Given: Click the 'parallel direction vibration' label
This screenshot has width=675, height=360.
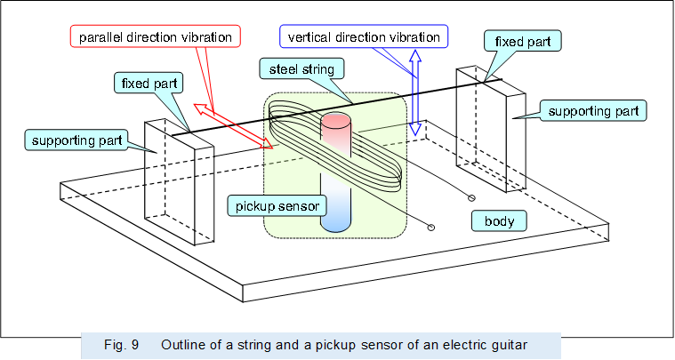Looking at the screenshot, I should [156, 36].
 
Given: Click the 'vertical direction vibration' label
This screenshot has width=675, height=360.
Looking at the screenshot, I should [363, 36].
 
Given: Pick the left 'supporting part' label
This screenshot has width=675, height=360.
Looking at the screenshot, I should [76, 141].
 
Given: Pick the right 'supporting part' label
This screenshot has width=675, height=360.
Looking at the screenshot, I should [591, 111].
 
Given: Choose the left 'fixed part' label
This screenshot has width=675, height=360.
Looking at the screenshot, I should [149, 84].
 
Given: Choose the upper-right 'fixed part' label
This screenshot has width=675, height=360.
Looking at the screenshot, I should [522, 40].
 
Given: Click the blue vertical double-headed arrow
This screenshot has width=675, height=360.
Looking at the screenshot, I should [414, 93].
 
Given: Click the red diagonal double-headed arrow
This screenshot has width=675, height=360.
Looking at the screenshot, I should [234, 124].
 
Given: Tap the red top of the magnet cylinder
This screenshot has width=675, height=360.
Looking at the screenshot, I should [338, 129].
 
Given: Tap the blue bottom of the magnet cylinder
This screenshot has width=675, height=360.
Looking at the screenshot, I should [338, 218].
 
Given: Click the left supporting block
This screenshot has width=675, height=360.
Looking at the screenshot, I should [179, 182].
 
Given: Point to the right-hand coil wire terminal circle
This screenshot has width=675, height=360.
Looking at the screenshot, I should [471, 197].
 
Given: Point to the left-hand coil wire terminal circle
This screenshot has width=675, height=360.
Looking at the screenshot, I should [432, 228].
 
